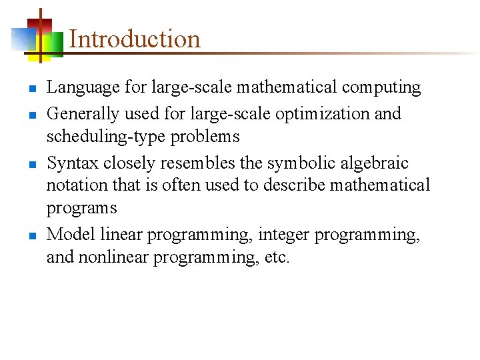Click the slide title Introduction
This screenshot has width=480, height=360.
pyautogui.click(x=134, y=39)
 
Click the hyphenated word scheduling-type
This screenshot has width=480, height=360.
pyautogui.click(x=97, y=137)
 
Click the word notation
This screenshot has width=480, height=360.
pyautogui.click(x=73, y=185)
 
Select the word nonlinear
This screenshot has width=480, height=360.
pyautogui.click(x=114, y=257)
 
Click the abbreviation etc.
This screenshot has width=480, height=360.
pyautogui.click(x=277, y=257)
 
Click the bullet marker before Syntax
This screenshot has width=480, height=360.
pyautogui.click(x=31, y=164)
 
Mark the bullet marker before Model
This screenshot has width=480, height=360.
pyautogui.click(x=31, y=235)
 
